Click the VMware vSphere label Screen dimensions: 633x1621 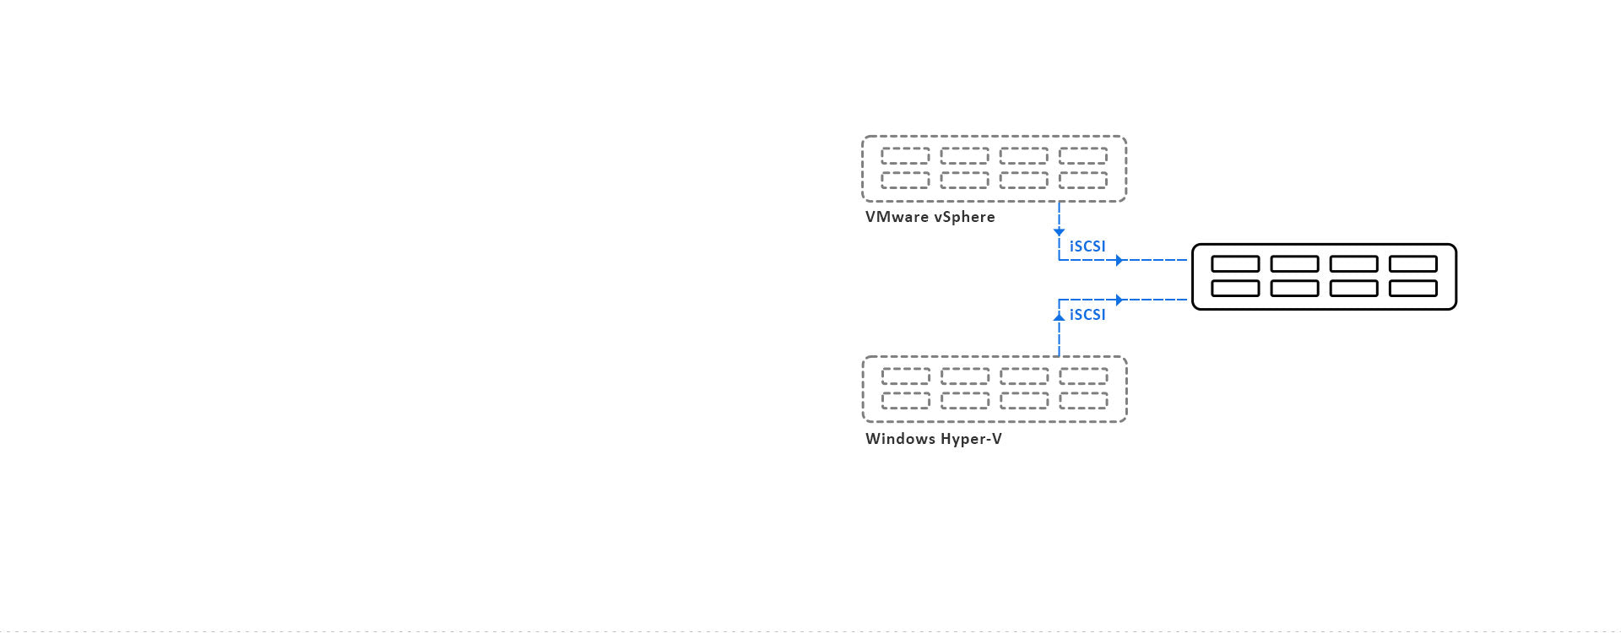tap(930, 217)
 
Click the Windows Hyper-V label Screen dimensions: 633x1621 tap(933, 439)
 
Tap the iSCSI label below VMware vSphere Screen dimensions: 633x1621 tap(1087, 246)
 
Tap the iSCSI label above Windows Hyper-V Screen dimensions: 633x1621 tap(1087, 315)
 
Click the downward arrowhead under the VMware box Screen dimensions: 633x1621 tap(1059, 231)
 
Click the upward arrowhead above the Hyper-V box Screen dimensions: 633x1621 tap(1059, 316)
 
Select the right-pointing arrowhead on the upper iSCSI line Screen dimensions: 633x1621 tap(1120, 261)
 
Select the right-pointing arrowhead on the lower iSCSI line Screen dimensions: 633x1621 tap(1120, 300)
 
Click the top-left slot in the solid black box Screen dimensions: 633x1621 tap(1235, 264)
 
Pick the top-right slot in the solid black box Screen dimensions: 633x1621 tap(1412, 264)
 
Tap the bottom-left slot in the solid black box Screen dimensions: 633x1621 tap(1235, 289)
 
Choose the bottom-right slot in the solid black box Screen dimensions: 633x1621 tap(1412, 289)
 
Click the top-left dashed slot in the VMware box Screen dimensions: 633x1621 tap(905, 156)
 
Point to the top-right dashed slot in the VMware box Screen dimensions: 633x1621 tap(1083, 156)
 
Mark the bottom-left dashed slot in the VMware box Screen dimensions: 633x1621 tap(905, 180)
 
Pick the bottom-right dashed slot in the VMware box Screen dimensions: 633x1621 tap(1083, 180)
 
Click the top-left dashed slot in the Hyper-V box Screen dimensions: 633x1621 tap(905, 376)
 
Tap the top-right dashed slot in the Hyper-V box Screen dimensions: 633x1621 tap(1083, 376)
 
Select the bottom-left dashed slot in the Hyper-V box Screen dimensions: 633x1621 tap(905, 400)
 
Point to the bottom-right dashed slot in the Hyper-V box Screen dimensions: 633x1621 tap(1083, 400)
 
